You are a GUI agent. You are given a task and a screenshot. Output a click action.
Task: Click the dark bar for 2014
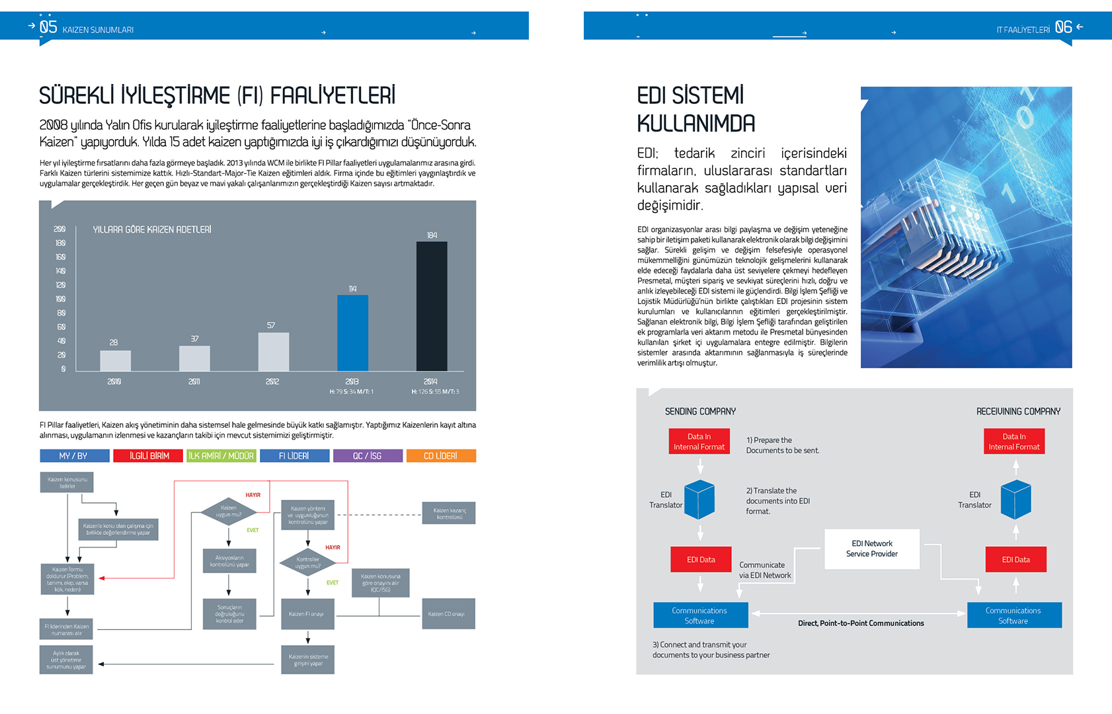(x=432, y=306)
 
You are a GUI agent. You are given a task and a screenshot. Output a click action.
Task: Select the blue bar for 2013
(x=352, y=333)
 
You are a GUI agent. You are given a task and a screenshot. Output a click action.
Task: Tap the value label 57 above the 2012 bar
(x=271, y=325)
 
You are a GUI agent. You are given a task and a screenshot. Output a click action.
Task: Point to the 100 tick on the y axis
(x=61, y=299)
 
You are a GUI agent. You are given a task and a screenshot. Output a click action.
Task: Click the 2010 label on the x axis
(x=114, y=381)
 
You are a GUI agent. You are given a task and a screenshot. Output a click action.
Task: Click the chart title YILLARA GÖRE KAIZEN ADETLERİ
(x=152, y=229)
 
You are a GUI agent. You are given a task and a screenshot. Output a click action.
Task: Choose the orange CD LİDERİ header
(x=440, y=456)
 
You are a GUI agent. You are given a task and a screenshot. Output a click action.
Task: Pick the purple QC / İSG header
(x=368, y=456)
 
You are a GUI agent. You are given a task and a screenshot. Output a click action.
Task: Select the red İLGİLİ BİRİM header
(x=149, y=456)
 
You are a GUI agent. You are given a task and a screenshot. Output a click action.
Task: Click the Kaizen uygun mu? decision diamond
(x=228, y=511)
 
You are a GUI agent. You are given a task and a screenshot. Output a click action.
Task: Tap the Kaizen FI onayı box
(x=307, y=614)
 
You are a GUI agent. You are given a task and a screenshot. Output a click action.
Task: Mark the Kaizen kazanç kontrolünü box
(x=449, y=513)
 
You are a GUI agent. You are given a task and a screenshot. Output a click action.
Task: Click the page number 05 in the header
(x=48, y=27)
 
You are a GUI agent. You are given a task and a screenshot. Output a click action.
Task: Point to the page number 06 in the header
(x=1063, y=27)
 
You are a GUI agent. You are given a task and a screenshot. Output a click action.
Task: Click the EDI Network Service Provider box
(x=872, y=549)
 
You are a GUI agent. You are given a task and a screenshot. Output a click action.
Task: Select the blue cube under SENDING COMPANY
(x=699, y=499)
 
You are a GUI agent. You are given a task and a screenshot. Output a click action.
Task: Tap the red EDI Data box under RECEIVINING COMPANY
(x=1015, y=559)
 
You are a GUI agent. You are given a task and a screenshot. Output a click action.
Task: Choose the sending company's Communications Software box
(x=700, y=615)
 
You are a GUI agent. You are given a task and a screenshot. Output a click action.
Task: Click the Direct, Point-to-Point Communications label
(x=861, y=623)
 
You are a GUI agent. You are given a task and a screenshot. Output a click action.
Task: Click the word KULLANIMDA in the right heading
(x=695, y=124)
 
